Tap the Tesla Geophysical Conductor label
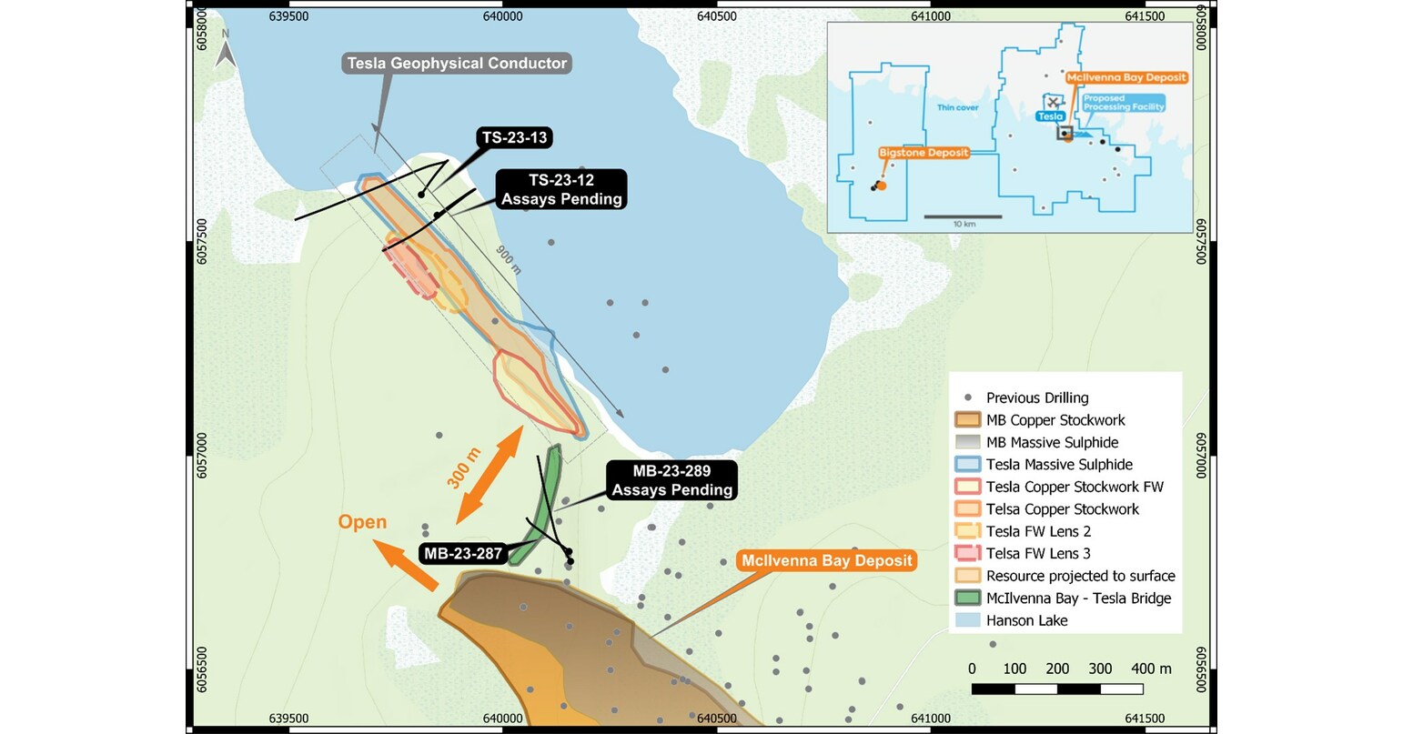click(456, 64)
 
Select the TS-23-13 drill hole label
click(515, 138)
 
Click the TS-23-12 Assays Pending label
click(562, 190)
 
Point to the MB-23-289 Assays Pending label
click(671, 480)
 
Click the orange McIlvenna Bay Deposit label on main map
click(826, 560)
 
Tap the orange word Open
click(362, 522)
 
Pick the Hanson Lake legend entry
click(1026, 620)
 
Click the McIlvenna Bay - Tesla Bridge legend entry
click(1078, 598)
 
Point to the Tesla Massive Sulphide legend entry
click(1059, 465)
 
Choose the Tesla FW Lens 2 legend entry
click(1038, 531)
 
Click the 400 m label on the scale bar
click(1151, 669)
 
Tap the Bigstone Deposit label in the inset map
click(924, 153)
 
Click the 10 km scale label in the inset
click(964, 224)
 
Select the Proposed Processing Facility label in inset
click(1124, 103)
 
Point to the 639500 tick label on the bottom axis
click(289, 719)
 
